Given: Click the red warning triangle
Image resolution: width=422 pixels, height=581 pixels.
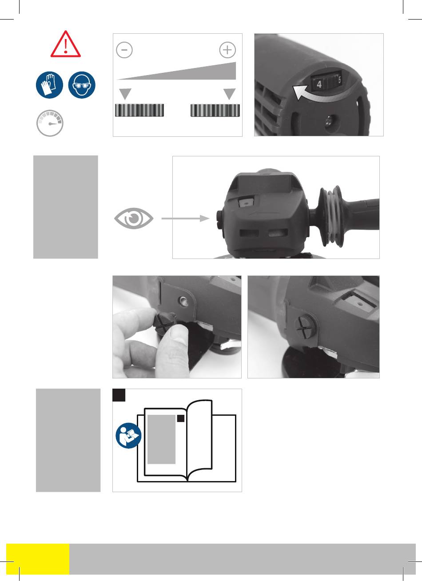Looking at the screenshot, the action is (x=66, y=44).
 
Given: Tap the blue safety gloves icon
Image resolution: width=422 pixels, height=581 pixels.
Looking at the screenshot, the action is (x=49, y=85).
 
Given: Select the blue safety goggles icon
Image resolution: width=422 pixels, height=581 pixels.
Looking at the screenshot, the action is (x=82, y=85).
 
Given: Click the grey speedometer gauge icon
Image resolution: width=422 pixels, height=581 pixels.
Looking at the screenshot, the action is (x=50, y=123).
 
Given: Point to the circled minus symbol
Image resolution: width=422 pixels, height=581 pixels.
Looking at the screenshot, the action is (x=124, y=50).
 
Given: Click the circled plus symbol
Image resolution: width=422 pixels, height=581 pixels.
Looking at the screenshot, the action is (x=227, y=50).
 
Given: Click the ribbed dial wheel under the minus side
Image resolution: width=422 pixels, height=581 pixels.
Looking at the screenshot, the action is (x=139, y=110).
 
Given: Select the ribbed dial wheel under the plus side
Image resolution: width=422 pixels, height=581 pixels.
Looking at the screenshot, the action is (x=215, y=110).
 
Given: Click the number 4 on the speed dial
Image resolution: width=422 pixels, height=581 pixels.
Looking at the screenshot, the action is (x=319, y=84).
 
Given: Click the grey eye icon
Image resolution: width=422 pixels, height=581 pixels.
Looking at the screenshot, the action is (x=134, y=219).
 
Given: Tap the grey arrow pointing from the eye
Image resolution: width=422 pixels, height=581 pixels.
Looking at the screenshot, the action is (x=185, y=219).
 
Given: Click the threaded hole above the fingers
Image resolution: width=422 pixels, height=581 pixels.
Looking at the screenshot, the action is (x=184, y=301).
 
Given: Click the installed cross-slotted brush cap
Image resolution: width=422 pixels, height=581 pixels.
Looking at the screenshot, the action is (x=305, y=326).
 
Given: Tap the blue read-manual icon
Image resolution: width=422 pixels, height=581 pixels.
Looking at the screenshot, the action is (x=128, y=436).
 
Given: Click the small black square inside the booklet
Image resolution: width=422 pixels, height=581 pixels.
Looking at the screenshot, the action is (x=180, y=418).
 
